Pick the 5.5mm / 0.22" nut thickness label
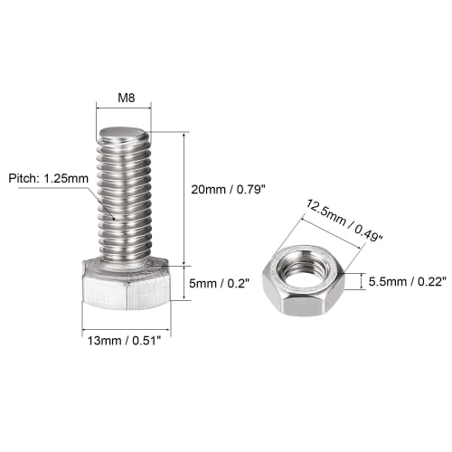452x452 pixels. (x=404, y=281)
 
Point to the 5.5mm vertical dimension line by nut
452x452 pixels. (x=364, y=282)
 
